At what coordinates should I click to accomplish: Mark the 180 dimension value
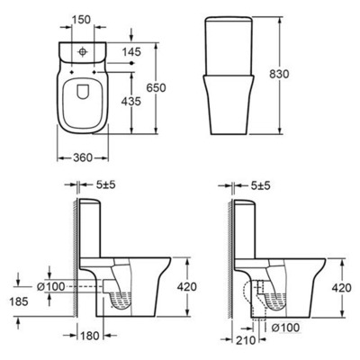87,337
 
